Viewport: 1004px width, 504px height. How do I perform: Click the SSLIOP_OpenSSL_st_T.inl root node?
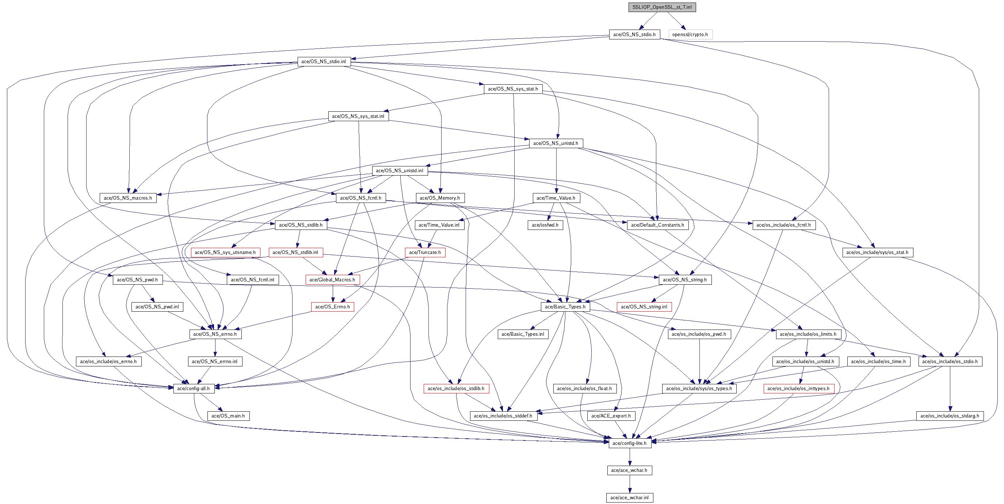(662, 7)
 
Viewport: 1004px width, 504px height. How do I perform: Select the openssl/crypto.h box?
(690, 34)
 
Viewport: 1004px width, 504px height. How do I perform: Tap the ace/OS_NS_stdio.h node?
(634, 34)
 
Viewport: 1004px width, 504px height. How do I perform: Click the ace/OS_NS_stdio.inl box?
(324, 62)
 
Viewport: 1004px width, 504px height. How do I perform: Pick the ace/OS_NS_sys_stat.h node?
(513, 89)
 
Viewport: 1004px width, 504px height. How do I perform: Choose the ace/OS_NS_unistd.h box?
(556, 143)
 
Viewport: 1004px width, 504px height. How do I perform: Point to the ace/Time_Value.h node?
(556, 198)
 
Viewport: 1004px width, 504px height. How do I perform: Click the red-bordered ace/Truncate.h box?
(425, 253)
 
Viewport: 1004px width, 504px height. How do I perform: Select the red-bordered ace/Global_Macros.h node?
(332, 280)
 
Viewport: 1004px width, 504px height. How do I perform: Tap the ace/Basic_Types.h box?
(565, 307)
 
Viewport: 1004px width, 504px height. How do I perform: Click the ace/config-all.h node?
(193, 388)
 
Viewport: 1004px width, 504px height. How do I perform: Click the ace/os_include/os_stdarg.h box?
(950, 416)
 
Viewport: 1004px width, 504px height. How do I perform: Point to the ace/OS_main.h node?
(228, 416)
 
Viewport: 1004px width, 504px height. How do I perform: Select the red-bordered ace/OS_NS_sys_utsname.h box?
(225, 253)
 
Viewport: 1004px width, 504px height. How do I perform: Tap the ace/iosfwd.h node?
(545, 225)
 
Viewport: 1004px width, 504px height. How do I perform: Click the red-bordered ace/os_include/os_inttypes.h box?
(798, 388)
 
